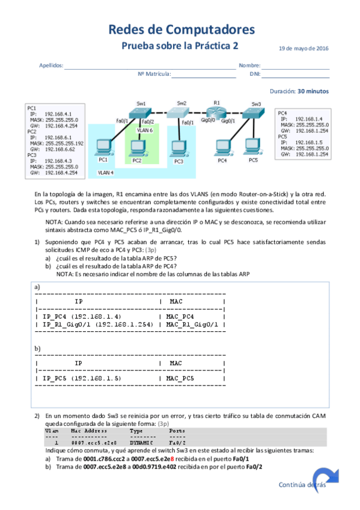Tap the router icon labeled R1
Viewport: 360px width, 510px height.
tap(217, 112)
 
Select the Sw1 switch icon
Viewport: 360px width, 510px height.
tap(142, 112)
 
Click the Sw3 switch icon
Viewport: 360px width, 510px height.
tap(255, 113)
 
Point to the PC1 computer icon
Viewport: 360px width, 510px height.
tap(104, 148)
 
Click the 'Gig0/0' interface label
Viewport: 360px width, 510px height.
tap(208, 121)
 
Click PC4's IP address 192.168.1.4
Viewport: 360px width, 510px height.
tap(310, 118)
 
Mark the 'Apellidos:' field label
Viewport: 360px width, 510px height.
tap(51, 66)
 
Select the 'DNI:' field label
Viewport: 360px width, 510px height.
tap(255, 75)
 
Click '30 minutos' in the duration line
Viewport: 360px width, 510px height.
tap(313, 91)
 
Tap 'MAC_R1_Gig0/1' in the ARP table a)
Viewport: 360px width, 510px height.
tap(192, 324)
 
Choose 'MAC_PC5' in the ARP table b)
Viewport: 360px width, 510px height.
tap(180, 378)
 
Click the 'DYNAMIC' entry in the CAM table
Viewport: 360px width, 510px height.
tap(140, 443)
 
